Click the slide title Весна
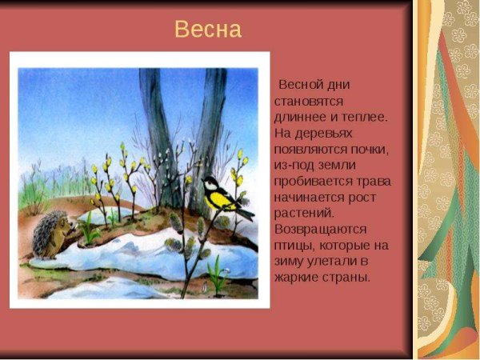207,30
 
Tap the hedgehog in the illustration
52,234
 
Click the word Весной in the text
300,85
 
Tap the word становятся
309,102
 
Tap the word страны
349,278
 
